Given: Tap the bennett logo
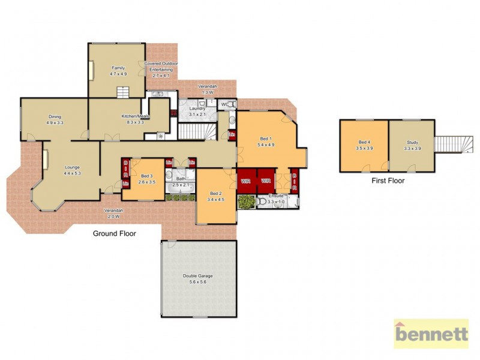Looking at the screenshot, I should pyautogui.click(x=431, y=333).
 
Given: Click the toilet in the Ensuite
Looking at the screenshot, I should pyautogui.click(x=261, y=203).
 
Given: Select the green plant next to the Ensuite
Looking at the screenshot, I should pyautogui.click(x=245, y=202).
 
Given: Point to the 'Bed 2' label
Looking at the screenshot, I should pyautogui.click(x=215, y=196).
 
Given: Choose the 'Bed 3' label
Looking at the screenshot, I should pyautogui.click(x=147, y=178).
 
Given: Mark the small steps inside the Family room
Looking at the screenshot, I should pyautogui.click(x=123, y=92).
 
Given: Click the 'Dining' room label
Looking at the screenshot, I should pyautogui.click(x=55, y=119).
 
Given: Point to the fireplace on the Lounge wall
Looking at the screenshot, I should pyautogui.click(x=44, y=161).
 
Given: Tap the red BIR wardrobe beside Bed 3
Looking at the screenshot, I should pyautogui.click(x=125, y=172).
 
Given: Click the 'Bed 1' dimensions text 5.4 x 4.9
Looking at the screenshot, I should pyautogui.click(x=265, y=145).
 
